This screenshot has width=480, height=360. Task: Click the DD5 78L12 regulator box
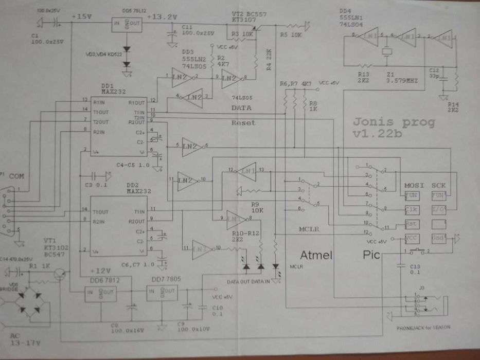[127, 25]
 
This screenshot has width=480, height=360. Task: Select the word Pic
[372, 255]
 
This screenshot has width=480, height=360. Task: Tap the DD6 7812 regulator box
[100, 293]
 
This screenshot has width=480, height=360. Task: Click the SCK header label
[439, 185]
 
